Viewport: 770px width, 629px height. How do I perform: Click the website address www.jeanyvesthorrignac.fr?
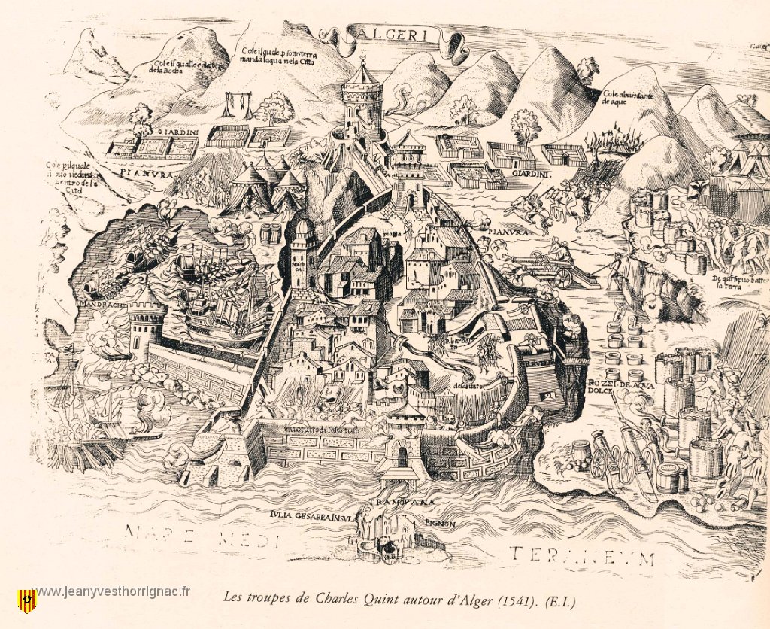pyautogui.click(x=113, y=591)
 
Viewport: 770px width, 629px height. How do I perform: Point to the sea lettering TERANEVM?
pyautogui.click(x=581, y=557)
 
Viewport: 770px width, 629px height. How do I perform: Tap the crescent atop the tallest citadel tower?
pyautogui.click(x=362, y=58)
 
